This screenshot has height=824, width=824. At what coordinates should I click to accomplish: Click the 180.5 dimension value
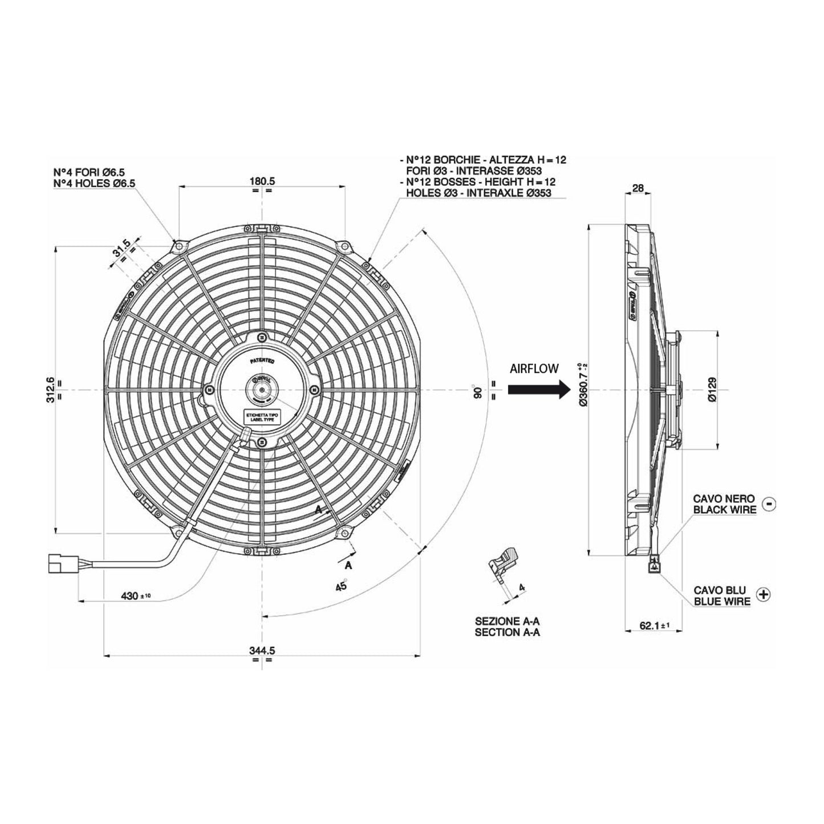click(x=262, y=181)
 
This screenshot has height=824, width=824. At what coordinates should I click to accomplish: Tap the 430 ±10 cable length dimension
click(x=135, y=596)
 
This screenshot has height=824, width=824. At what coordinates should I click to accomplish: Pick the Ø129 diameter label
click(x=712, y=389)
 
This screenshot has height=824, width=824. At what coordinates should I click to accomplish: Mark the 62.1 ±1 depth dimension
click(x=653, y=626)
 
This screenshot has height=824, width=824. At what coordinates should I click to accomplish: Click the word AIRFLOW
click(x=534, y=369)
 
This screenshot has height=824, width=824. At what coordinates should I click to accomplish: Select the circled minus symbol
click(x=769, y=504)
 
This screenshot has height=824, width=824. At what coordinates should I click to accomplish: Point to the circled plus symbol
click(x=762, y=594)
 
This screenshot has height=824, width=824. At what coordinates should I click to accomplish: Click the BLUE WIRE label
click(x=721, y=602)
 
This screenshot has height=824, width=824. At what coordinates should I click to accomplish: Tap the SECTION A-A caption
click(x=507, y=632)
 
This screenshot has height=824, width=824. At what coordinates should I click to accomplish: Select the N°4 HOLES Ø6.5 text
click(x=94, y=182)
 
